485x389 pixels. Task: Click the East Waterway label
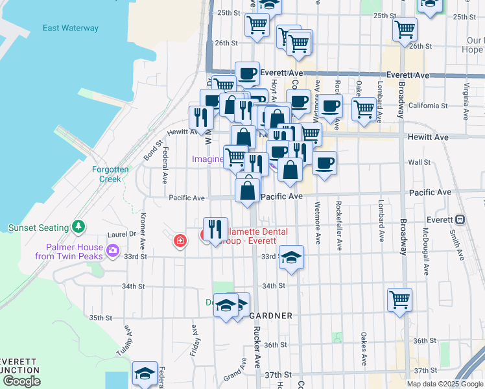pyautogui.click(x=71, y=29)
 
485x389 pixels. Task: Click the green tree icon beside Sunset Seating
pyautogui.click(x=78, y=227)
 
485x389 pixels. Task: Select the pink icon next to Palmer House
pyautogui.click(x=113, y=250)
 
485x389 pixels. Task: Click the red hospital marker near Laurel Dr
pyautogui.click(x=180, y=242)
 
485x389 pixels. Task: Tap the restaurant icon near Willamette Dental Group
pyautogui.click(x=215, y=229)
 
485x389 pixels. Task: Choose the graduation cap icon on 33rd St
pyautogui.click(x=292, y=259)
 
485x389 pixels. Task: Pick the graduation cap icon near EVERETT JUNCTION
pyautogui.click(x=145, y=373)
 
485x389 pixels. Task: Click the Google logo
pyautogui.click(x=21, y=381)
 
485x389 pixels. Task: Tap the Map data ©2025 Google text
pyautogui.click(x=444, y=384)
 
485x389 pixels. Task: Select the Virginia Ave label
pyautogui.click(x=466, y=102)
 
